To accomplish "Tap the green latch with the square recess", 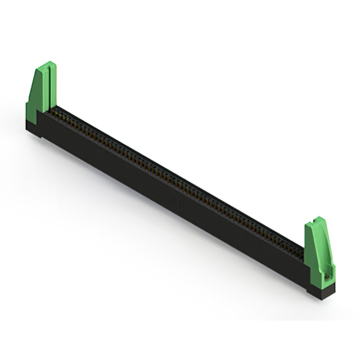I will [319, 253].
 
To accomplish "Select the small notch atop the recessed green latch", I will [318, 220].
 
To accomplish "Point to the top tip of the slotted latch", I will [49, 64].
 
